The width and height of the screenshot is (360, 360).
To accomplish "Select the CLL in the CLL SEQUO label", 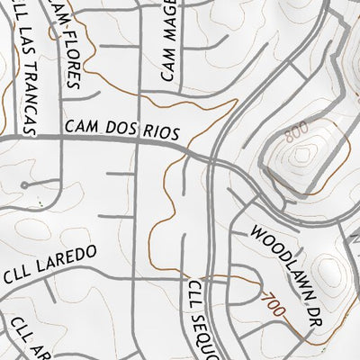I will pyautogui.click(x=192, y=294).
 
